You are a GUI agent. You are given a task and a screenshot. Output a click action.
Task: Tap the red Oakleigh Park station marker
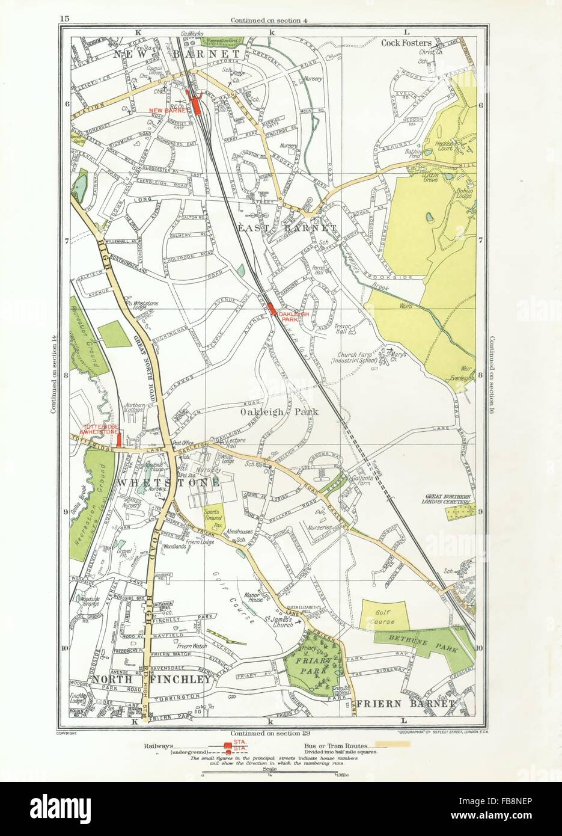point(272,310)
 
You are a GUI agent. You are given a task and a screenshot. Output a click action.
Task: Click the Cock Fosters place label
point(408,42)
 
